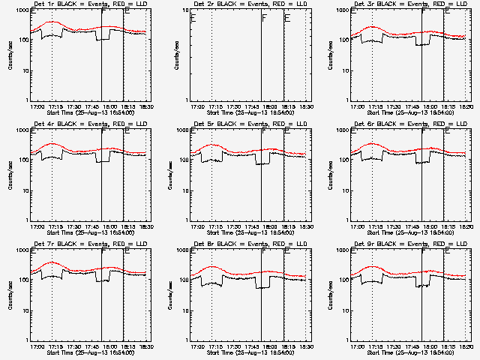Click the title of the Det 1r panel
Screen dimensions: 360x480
point(88,5)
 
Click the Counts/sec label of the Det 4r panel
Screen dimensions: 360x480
point(9,175)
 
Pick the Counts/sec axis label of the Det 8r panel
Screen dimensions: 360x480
point(169,295)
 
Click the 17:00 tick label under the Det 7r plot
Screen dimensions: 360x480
point(35,346)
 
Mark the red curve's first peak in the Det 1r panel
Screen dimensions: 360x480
point(51,22)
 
